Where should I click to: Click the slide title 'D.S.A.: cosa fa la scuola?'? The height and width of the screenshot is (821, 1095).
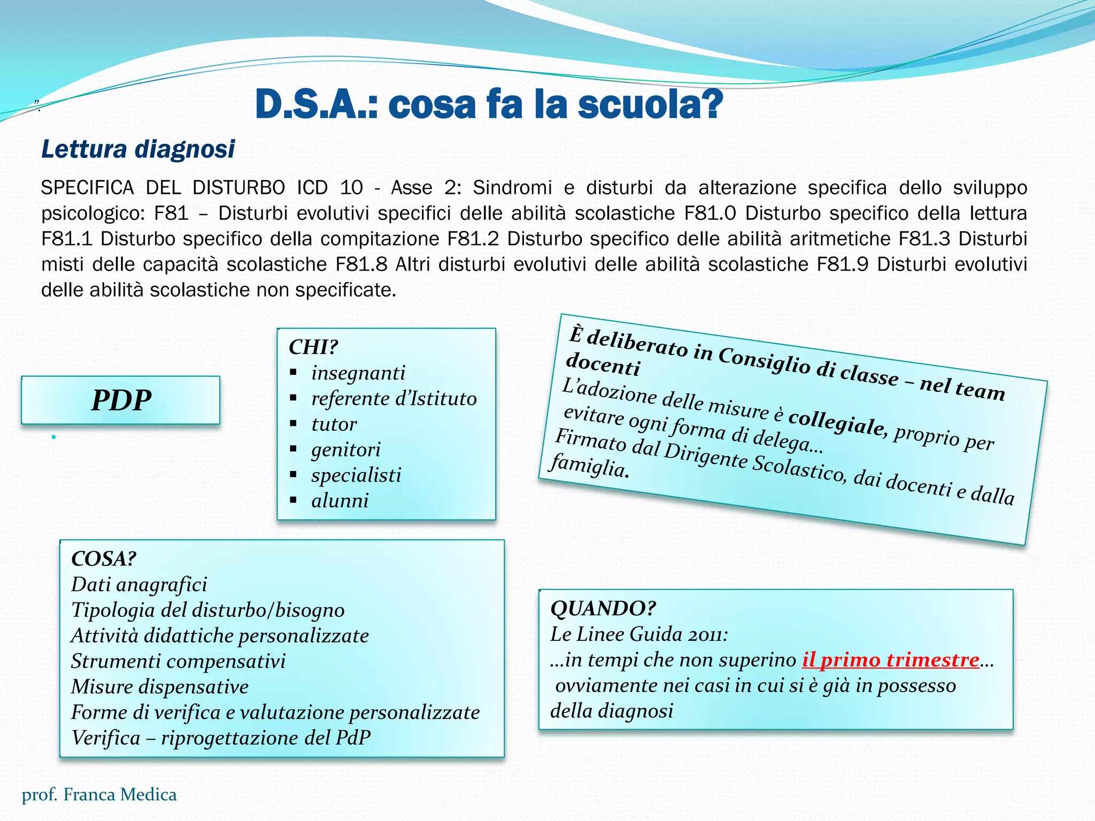point(489,105)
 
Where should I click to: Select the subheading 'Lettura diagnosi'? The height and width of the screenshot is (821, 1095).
point(138,149)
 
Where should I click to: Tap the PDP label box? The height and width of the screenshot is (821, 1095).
point(121,400)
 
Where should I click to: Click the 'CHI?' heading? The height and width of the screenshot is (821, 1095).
point(313,347)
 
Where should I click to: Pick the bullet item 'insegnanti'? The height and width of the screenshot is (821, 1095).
point(358,373)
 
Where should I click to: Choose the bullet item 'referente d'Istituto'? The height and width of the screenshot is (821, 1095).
point(394,398)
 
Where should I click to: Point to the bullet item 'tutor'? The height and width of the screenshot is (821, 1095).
point(334,424)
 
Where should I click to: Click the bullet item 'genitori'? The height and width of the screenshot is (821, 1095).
point(345,450)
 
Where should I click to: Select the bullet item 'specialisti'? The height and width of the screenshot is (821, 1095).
point(356,475)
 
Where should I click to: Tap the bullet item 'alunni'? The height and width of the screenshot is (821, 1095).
point(340,500)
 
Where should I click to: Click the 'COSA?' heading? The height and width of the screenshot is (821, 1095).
point(104,559)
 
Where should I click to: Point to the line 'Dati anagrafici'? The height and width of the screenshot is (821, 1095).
point(139,584)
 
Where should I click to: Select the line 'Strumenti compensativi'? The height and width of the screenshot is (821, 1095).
point(178,661)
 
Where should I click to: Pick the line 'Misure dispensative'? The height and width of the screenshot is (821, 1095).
point(160,687)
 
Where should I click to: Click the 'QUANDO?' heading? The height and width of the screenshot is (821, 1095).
point(603,608)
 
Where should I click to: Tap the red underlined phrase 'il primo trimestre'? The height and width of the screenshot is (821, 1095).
point(890,660)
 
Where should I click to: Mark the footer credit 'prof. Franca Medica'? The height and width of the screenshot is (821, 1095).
point(99,795)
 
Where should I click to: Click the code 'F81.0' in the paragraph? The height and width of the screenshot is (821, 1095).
point(710,213)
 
